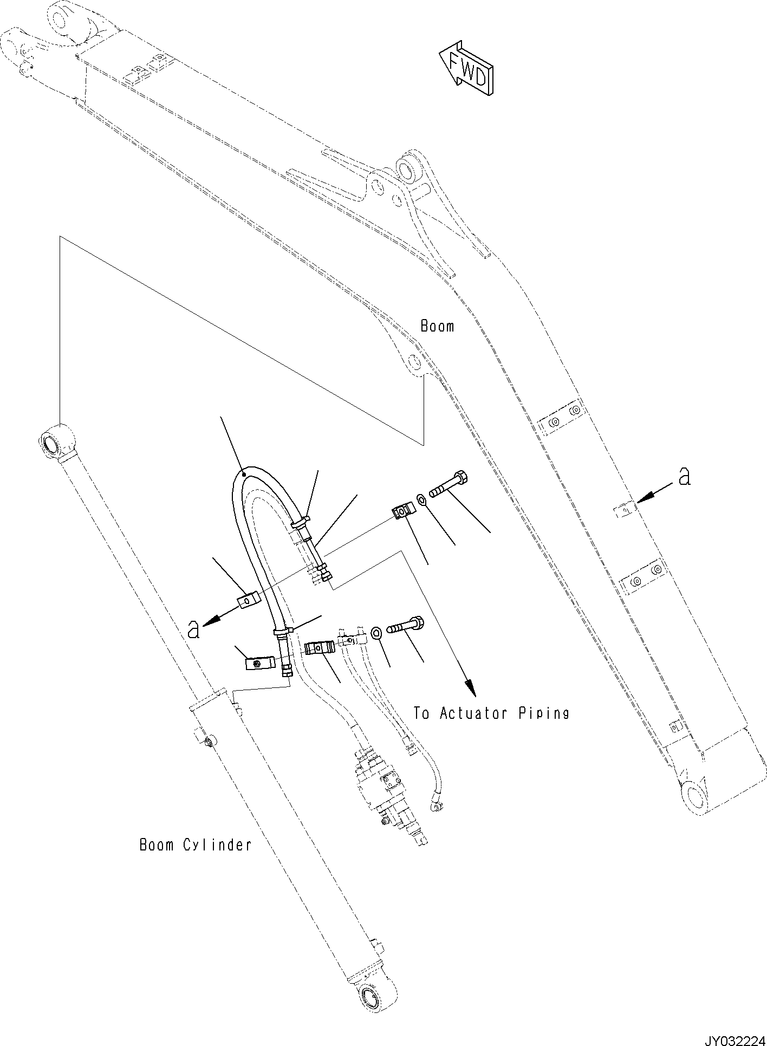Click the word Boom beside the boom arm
point(437,326)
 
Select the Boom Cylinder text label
point(196,860)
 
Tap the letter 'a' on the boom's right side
point(685,476)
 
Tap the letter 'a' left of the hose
point(193,629)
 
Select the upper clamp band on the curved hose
point(300,522)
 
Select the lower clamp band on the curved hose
point(283,631)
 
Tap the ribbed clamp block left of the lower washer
point(320,647)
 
